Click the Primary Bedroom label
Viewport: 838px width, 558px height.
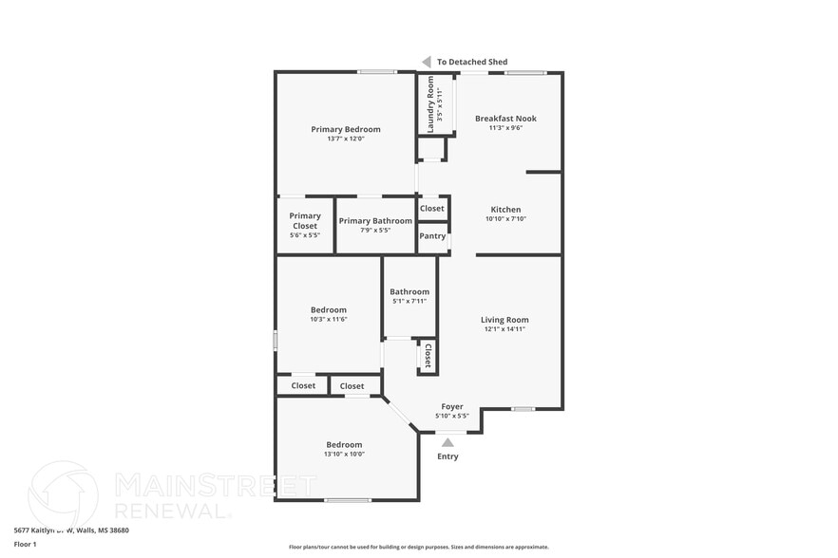[x=346, y=129]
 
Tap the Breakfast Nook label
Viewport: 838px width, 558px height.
[x=505, y=119]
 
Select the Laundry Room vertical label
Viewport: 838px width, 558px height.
[x=430, y=104]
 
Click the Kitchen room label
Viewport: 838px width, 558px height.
[x=505, y=210]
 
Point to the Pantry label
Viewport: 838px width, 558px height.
[x=432, y=236]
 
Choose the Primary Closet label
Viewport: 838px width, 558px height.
[x=305, y=221]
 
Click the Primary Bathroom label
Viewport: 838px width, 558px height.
[x=375, y=221]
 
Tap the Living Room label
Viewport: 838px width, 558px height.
[x=505, y=320]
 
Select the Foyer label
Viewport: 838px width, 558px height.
[x=452, y=406]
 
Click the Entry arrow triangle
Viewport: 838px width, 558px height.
[x=448, y=441]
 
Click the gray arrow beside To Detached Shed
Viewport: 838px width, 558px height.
[x=427, y=62]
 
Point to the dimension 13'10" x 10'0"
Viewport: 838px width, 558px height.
[x=345, y=454]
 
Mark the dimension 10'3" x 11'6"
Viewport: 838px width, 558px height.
[x=329, y=319]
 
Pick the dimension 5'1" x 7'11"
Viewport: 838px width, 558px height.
[x=409, y=301]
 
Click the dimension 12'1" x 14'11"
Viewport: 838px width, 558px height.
[x=505, y=329]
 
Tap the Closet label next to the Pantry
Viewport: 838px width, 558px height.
[x=432, y=209]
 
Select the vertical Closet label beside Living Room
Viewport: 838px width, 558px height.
[x=428, y=356]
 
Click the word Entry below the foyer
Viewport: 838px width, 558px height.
[x=448, y=456]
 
